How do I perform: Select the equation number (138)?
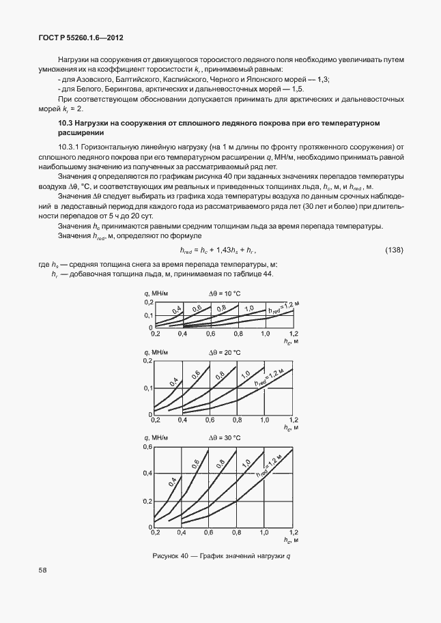394,251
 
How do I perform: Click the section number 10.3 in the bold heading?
66,123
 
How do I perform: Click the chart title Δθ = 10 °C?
225,293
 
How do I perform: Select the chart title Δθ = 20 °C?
225,352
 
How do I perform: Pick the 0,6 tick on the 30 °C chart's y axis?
147,447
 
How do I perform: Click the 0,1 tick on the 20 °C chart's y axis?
147,388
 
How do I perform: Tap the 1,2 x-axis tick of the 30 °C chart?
294,532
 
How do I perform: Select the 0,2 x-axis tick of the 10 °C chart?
155,334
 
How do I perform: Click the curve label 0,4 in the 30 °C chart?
173,481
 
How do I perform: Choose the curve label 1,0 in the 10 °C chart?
249,308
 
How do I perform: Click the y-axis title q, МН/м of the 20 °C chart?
156,352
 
